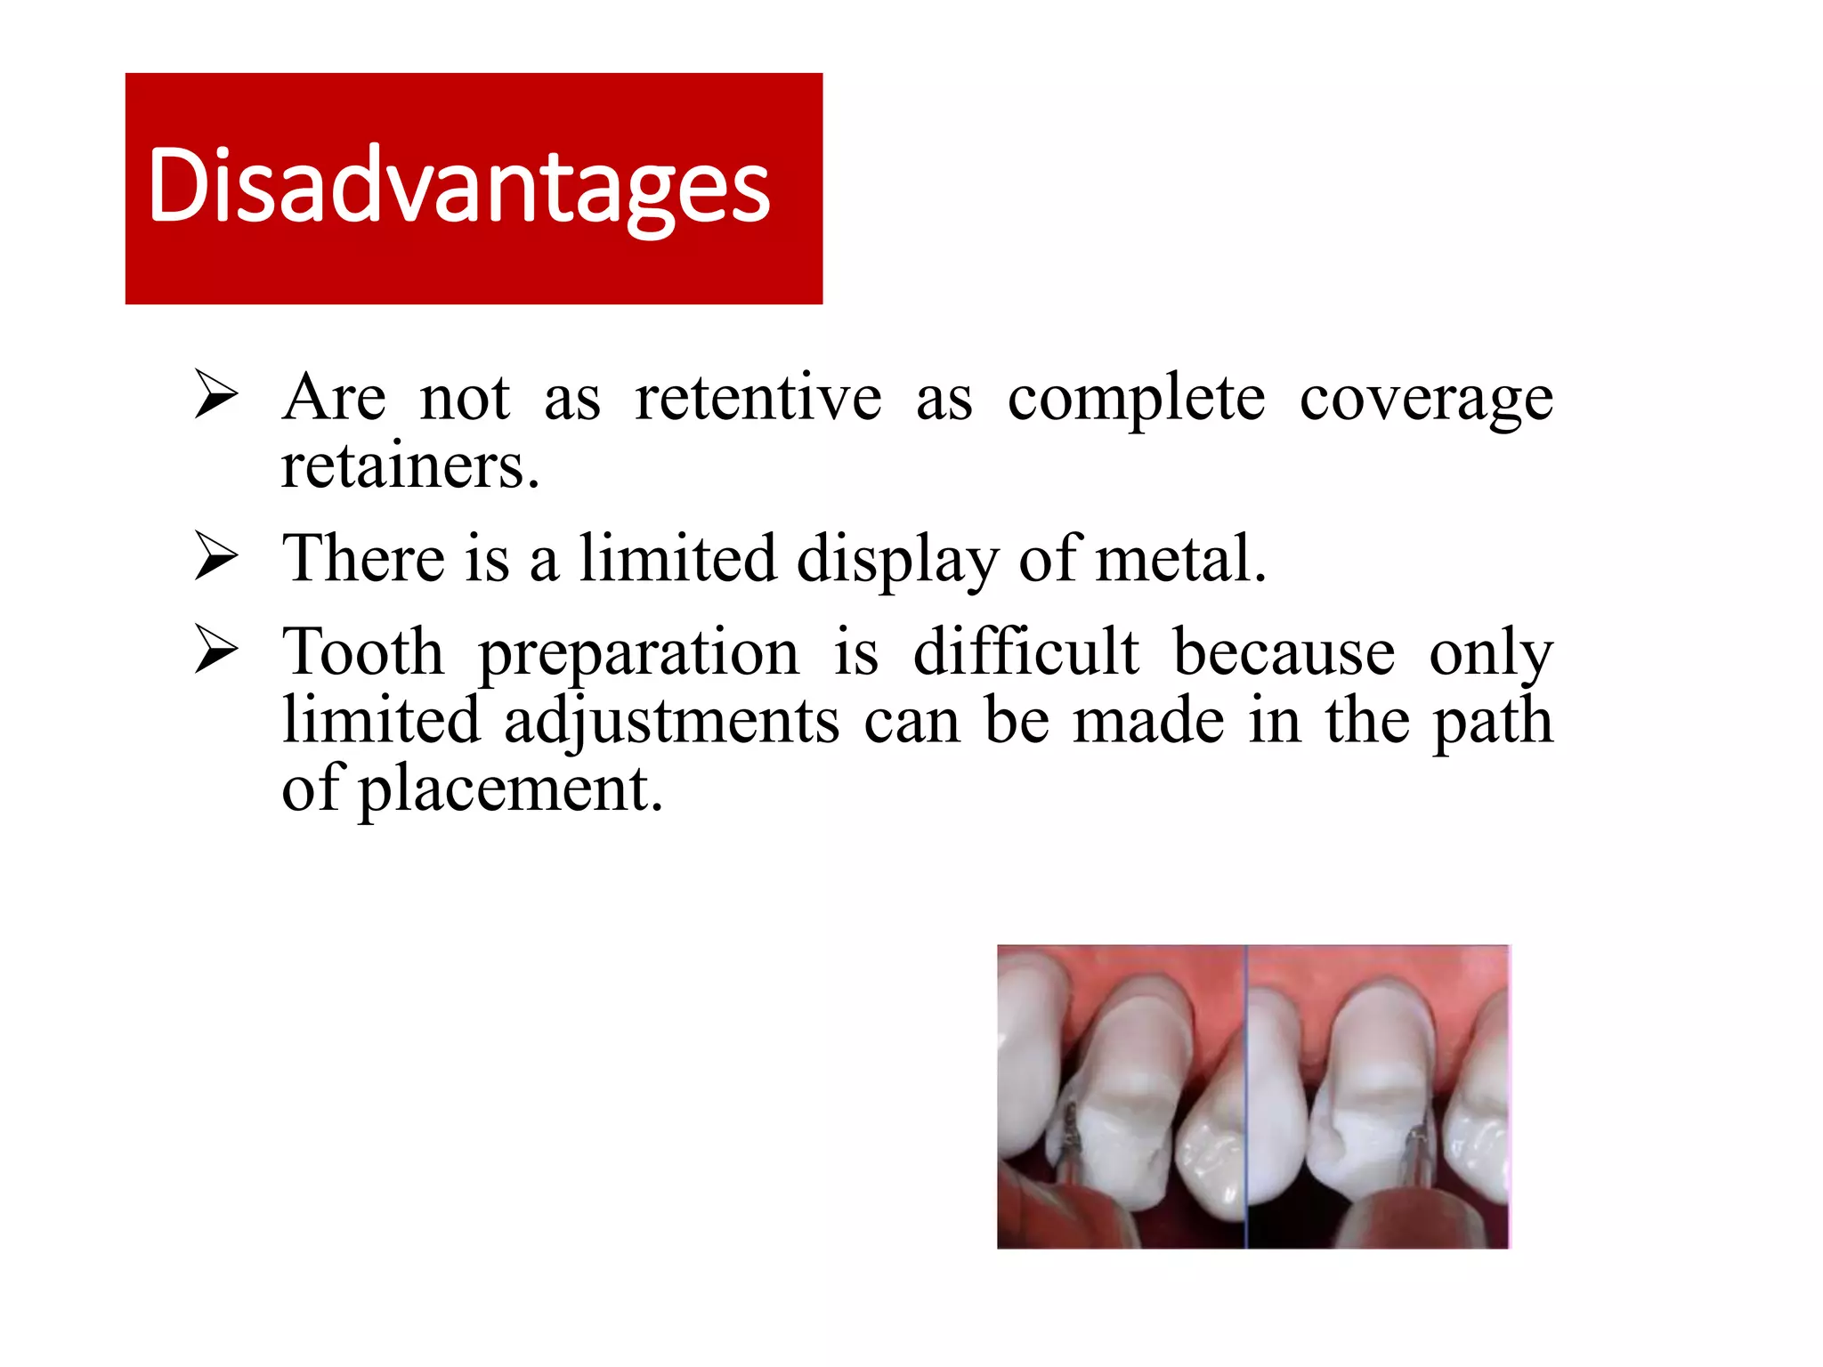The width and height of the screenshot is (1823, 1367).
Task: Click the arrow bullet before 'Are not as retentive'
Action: tap(216, 397)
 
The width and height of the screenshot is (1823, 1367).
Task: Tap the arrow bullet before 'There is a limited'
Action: tap(216, 558)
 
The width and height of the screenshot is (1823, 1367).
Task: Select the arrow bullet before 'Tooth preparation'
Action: tap(216, 651)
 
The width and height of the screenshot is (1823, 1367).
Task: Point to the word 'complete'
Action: tap(1136, 400)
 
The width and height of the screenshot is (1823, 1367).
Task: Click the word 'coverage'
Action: tap(1426, 400)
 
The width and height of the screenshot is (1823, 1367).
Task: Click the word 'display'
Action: tap(897, 561)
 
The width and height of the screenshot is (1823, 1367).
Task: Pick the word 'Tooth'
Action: tap(363, 651)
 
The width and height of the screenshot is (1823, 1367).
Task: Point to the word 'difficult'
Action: tap(1026, 651)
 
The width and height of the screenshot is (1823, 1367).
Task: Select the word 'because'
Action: tap(1284, 651)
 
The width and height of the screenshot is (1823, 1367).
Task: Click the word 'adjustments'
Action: tap(672, 722)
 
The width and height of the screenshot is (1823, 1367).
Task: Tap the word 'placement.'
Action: tap(511, 790)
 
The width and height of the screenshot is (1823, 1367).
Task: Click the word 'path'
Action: tap(1493, 722)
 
